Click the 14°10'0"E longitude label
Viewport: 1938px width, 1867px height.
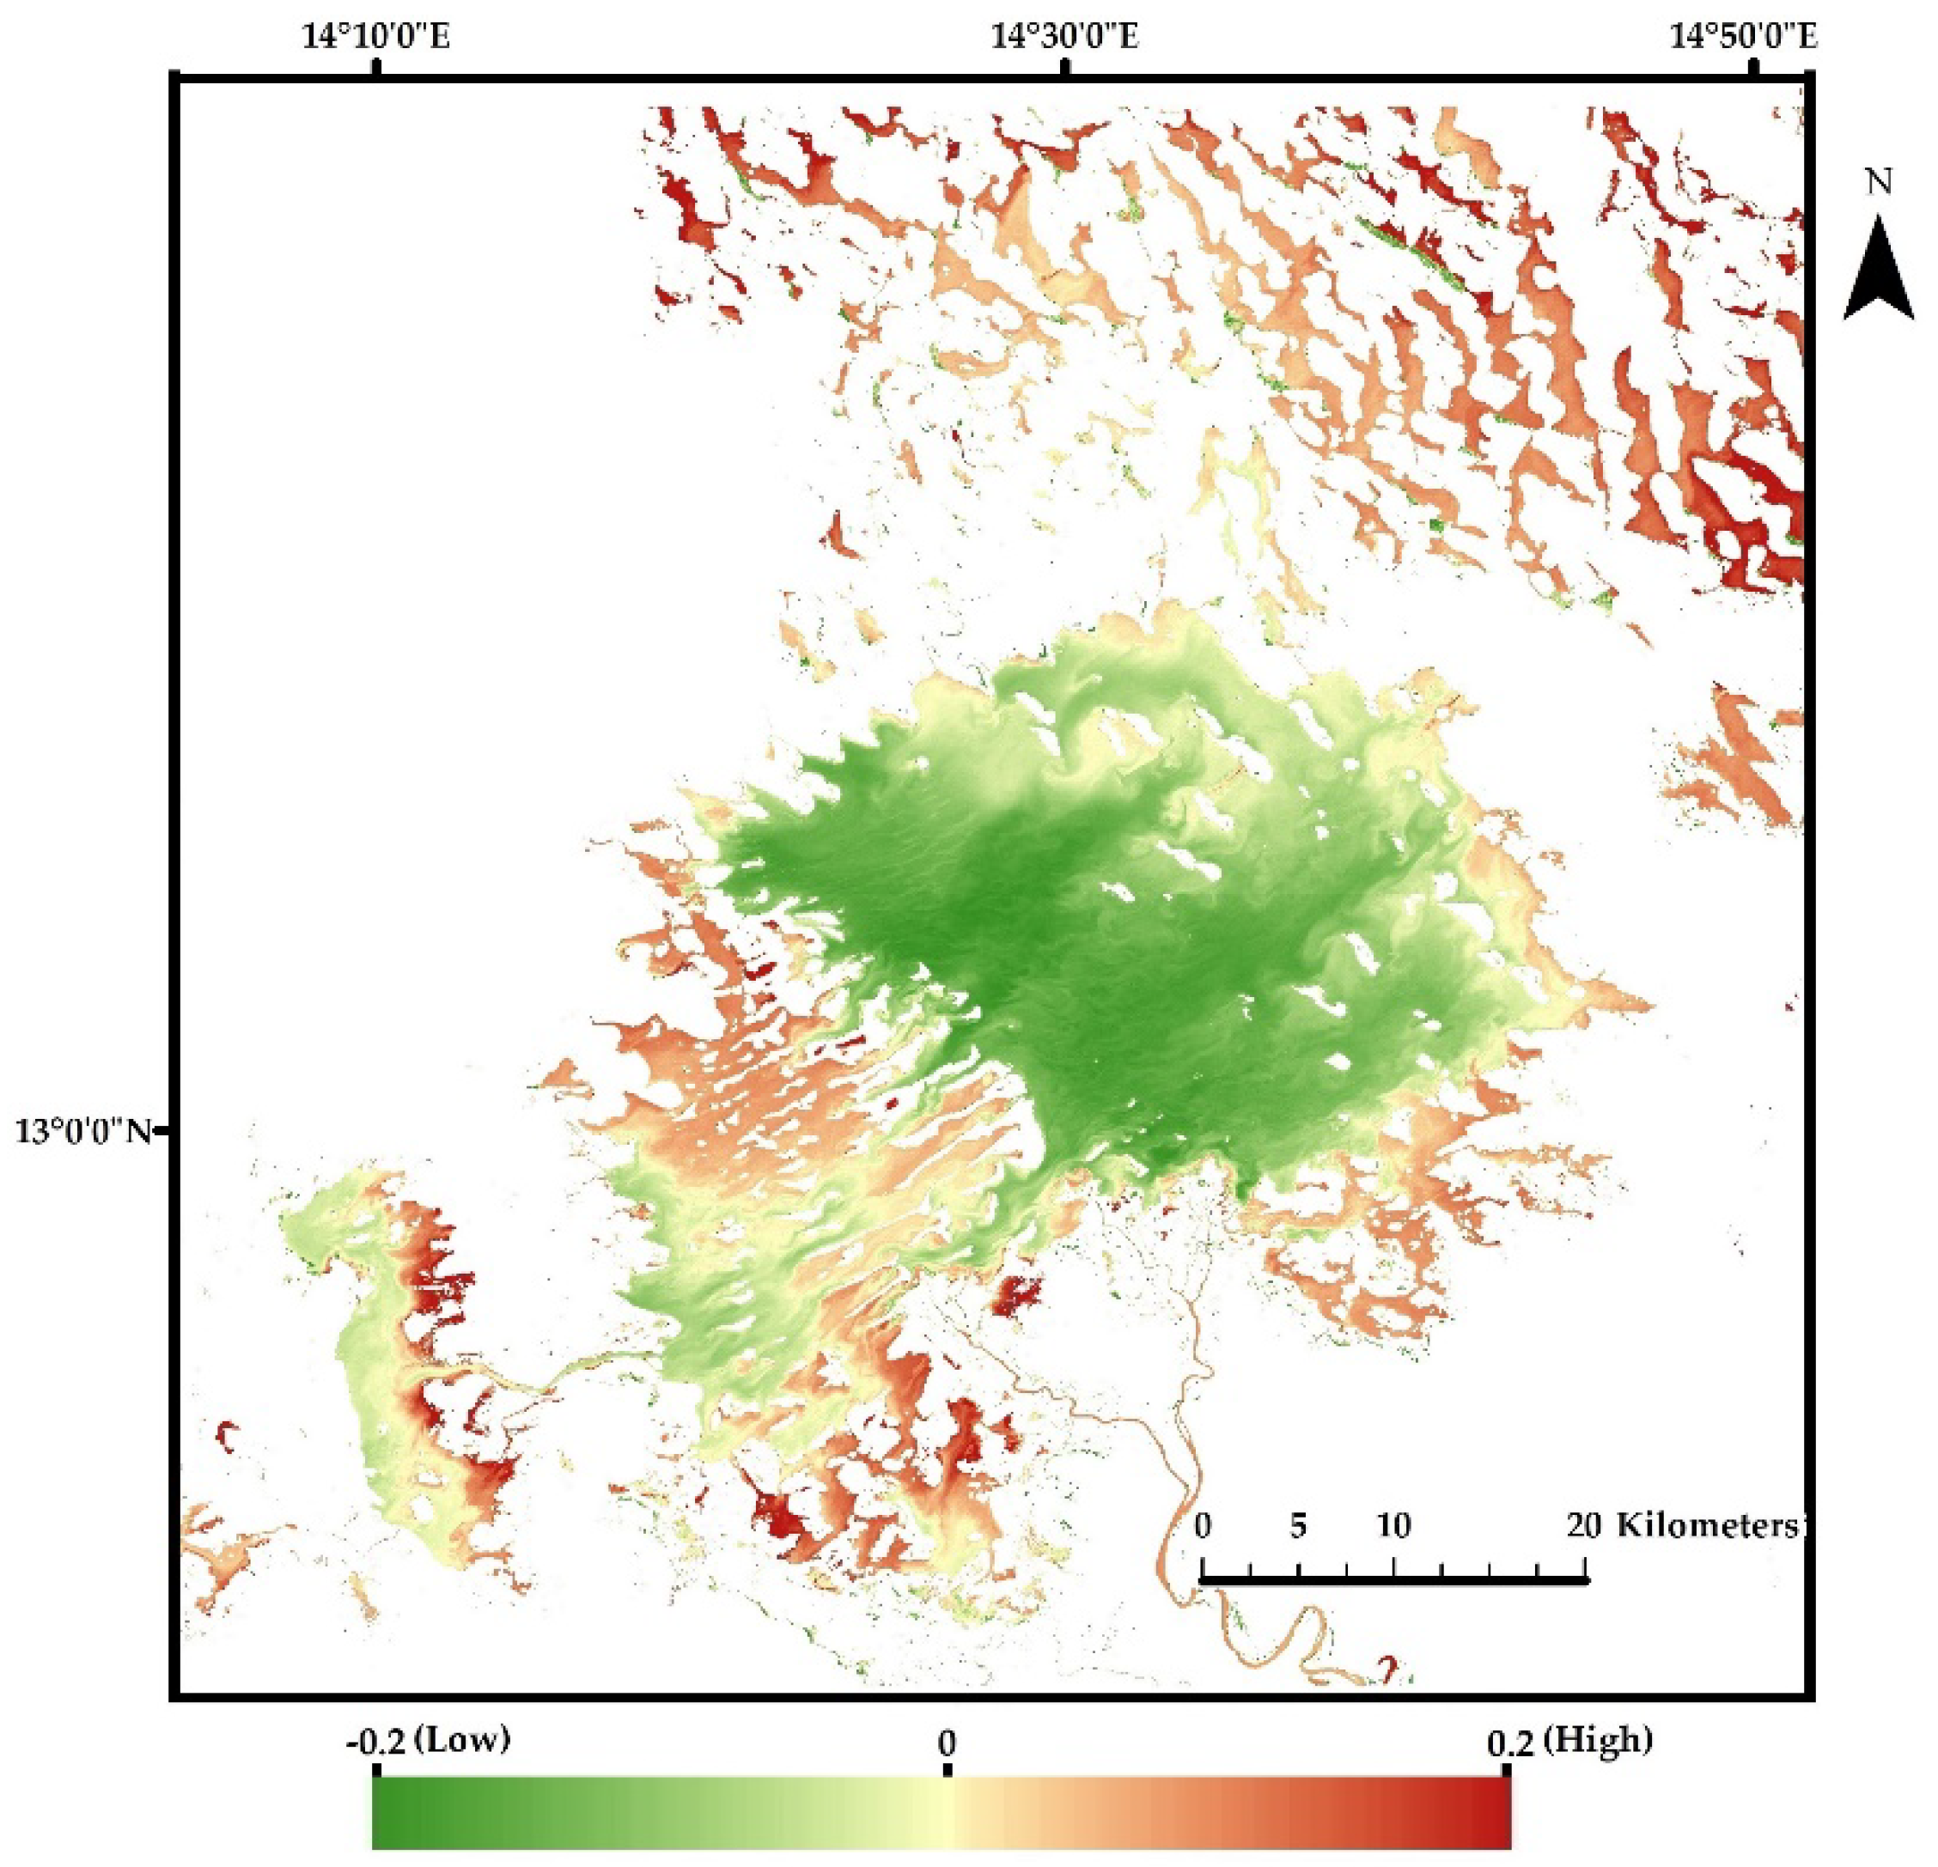click(x=375, y=38)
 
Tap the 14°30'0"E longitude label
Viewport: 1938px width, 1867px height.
click(x=1065, y=38)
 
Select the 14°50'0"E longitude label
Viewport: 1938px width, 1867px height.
click(x=1744, y=38)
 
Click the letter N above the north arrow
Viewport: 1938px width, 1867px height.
click(x=1878, y=183)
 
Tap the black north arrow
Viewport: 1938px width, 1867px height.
click(x=1879, y=271)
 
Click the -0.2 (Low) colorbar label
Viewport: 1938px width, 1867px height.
click(x=428, y=1741)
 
